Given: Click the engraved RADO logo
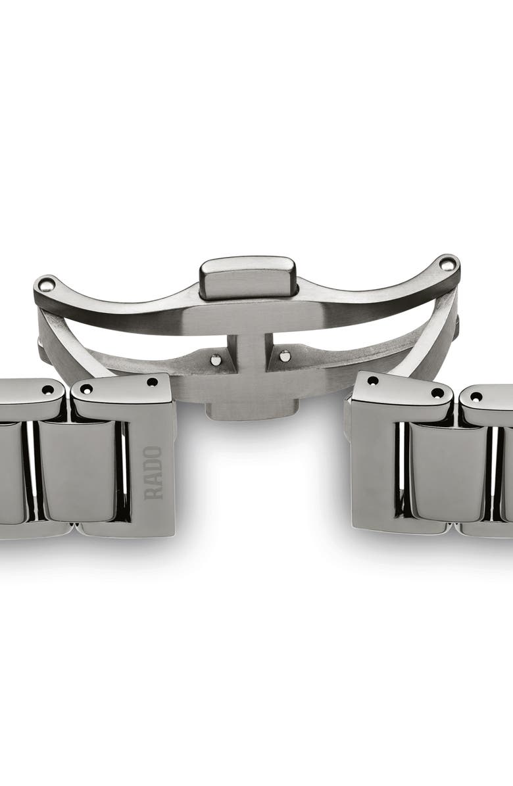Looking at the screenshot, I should point(153,473).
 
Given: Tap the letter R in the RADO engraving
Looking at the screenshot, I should point(153,493).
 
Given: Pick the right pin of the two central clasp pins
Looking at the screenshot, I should point(284,356).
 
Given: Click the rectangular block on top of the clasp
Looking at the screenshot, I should point(248,276).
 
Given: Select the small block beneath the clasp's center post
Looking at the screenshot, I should point(247,411).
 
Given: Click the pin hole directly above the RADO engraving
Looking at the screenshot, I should point(152,382).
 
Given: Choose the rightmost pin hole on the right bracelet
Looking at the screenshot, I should point(476,396).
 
